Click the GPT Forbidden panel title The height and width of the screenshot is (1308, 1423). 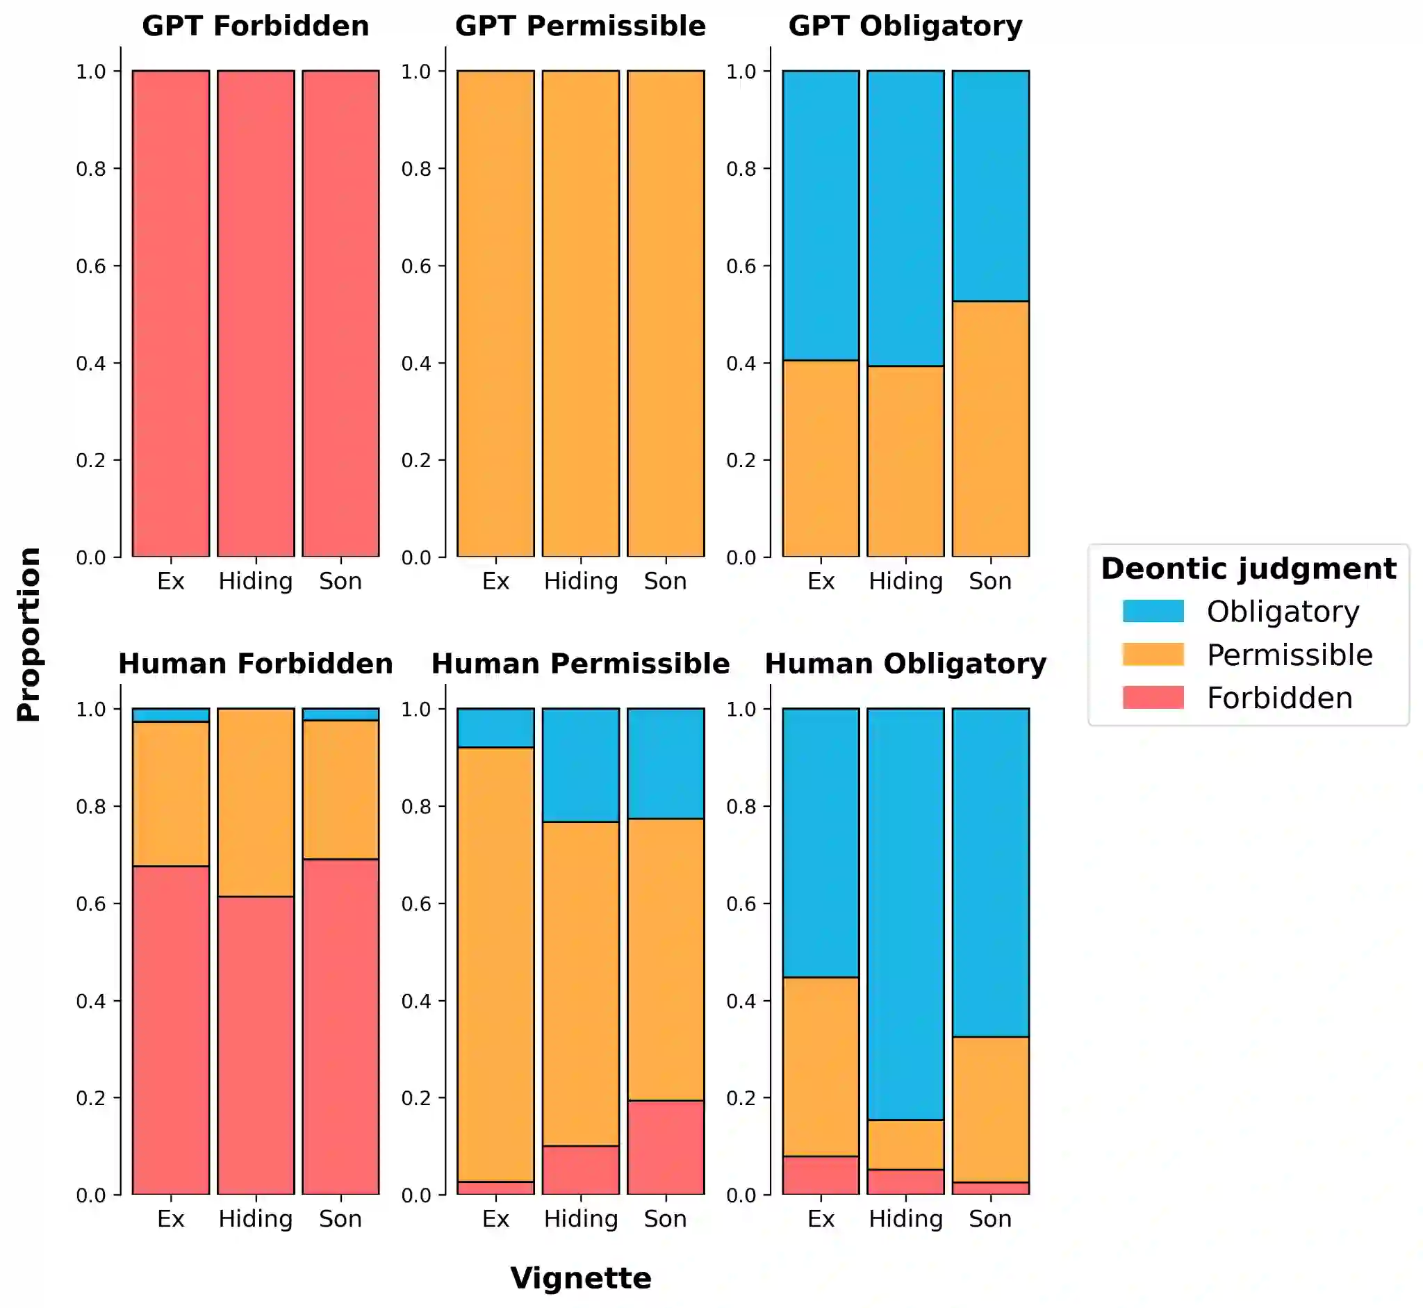(x=256, y=26)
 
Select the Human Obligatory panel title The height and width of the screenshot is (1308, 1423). (x=905, y=664)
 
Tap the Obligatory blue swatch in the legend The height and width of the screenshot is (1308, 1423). (x=1153, y=611)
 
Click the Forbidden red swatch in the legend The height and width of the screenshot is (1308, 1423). (x=1153, y=697)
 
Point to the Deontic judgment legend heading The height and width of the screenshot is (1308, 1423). (x=1248, y=569)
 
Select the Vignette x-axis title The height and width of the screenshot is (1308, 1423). (x=580, y=1278)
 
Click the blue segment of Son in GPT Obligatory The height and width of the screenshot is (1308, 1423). (x=990, y=186)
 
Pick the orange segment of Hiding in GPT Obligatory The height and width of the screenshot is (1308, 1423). (x=905, y=461)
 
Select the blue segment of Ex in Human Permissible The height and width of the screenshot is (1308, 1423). (x=495, y=728)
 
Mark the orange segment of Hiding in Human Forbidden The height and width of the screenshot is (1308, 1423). (x=256, y=802)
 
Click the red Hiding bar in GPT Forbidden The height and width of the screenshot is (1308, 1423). (x=256, y=313)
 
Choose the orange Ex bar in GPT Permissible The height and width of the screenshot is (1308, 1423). (x=495, y=313)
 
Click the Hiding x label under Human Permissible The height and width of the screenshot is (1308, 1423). (x=580, y=1219)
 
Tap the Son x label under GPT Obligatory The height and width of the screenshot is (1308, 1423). (x=990, y=581)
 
